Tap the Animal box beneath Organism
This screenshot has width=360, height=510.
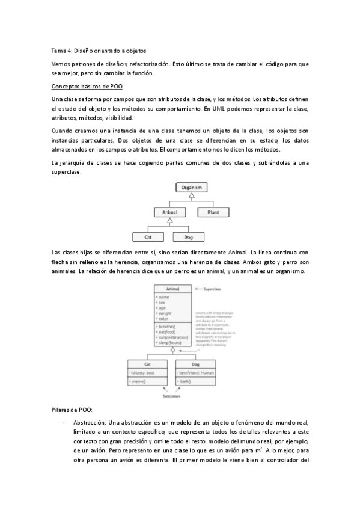[x=170, y=212]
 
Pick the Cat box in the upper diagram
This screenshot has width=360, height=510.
[x=148, y=238]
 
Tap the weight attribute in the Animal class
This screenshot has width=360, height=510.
[x=164, y=313]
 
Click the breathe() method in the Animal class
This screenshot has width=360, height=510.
[x=167, y=327]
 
